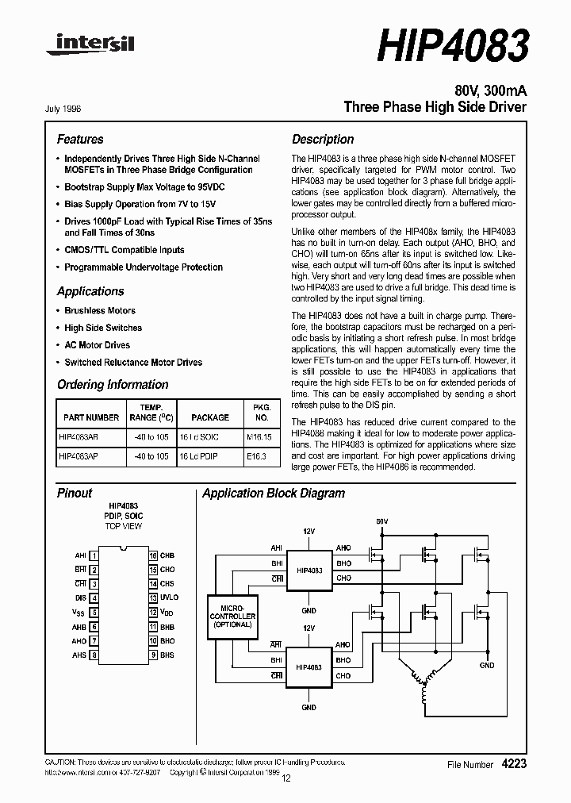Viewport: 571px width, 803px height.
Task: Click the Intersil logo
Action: point(90,46)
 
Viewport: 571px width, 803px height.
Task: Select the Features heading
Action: point(80,139)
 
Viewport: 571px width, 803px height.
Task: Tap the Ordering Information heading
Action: point(113,385)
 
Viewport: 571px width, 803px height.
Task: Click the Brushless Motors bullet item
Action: point(100,310)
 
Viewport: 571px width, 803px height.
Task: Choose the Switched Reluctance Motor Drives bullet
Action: point(133,362)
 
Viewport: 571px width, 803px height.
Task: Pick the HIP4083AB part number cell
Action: point(79,436)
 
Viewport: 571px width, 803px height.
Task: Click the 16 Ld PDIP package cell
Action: point(199,456)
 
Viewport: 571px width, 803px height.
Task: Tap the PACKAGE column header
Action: point(210,417)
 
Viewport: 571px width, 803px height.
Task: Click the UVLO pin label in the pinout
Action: point(169,597)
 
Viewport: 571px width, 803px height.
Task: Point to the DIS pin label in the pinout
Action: point(80,597)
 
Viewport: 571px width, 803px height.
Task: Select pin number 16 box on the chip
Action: point(153,555)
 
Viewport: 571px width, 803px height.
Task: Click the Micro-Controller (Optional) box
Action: point(232,616)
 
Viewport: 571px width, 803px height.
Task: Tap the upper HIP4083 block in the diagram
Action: point(309,571)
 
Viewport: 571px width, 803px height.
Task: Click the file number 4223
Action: point(514,763)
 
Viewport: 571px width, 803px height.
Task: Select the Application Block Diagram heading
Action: point(274,494)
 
